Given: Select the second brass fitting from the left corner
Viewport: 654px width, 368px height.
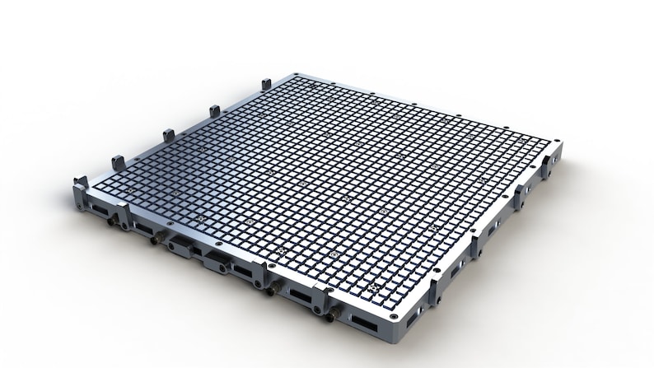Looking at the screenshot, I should pos(156,240).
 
